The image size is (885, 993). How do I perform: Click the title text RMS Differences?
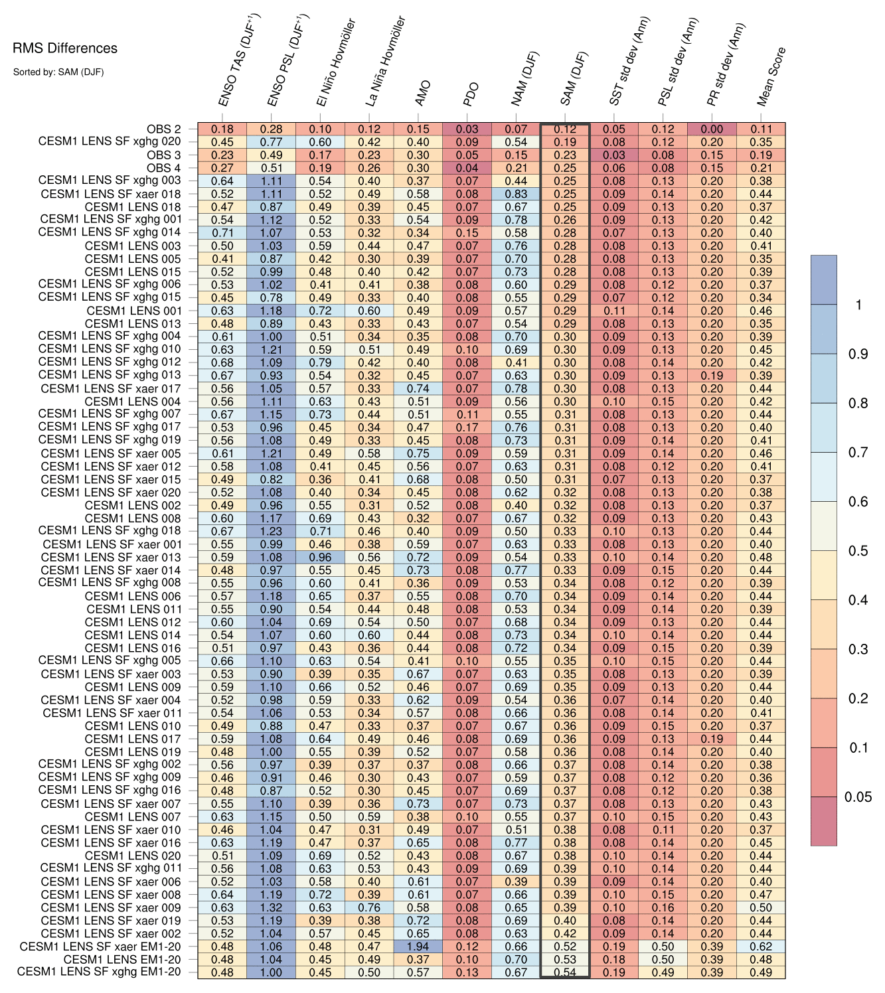click(x=65, y=48)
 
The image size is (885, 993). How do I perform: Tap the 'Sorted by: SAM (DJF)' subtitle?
click(x=58, y=72)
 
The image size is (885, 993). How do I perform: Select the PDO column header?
click(x=470, y=95)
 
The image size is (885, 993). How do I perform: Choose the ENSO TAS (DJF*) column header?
click(x=239, y=61)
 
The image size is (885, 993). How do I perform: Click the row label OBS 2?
click(x=163, y=129)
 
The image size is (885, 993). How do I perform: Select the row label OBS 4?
click(x=163, y=168)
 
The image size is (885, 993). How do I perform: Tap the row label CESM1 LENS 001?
click(x=133, y=311)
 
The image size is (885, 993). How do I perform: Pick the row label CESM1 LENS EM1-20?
click(x=122, y=959)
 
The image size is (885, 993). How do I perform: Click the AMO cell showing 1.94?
click(x=418, y=947)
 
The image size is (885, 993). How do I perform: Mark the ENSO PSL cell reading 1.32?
click(x=271, y=907)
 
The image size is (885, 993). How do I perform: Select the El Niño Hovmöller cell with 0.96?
click(x=320, y=557)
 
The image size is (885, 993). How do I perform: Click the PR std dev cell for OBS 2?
click(x=712, y=129)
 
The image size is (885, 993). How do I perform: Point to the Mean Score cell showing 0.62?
click(x=761, y=947)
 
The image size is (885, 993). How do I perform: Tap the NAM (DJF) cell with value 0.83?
click(x=516, y=194)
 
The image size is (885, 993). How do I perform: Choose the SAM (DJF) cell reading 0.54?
click(x=565, y=972)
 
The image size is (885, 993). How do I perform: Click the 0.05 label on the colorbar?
click(x=857, y=797)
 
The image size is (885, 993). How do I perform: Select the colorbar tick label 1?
click(x=858, y=305)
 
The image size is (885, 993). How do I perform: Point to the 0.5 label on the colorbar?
click(x=858, y=551)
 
